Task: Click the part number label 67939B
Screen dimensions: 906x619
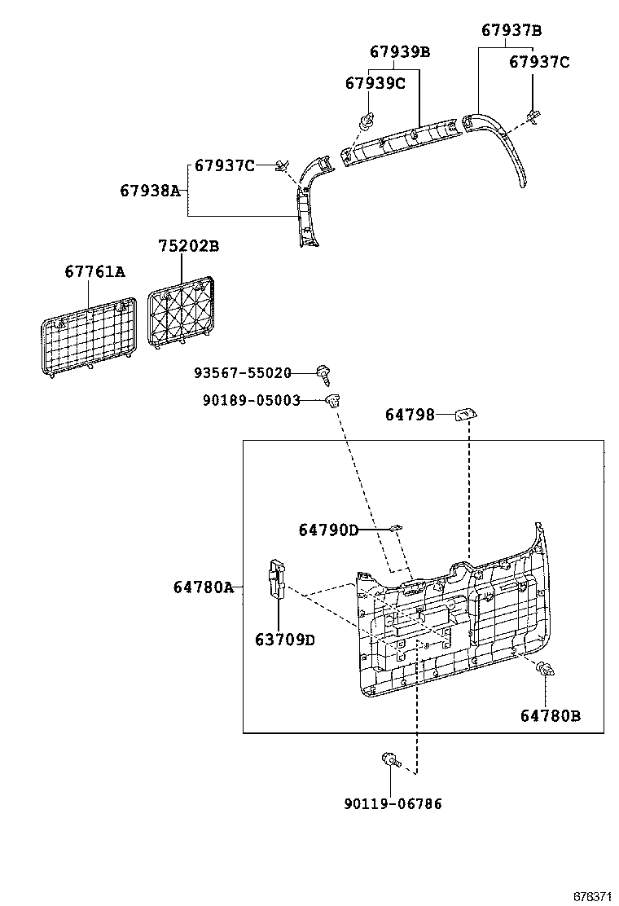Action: click(399, 52)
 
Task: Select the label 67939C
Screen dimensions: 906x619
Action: click(375, 83)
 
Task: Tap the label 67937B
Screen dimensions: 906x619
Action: click(511, 31)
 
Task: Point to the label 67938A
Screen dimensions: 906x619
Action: click(150, 191)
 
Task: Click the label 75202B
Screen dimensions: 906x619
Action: click(188, 245)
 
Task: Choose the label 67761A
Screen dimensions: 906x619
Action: click(95, 271)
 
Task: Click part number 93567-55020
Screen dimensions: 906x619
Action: click(243, 372)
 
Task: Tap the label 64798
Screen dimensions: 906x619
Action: click(410, 415)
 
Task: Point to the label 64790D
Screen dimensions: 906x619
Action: click(328, 530)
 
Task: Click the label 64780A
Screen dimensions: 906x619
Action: click(203, 587)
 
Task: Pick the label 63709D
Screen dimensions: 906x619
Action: click(284, 640)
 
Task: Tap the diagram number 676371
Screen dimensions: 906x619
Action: click(591, 895)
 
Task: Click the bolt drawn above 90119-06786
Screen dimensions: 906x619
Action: click(390, 763)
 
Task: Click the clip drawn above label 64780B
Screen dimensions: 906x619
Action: click(547, 671)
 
